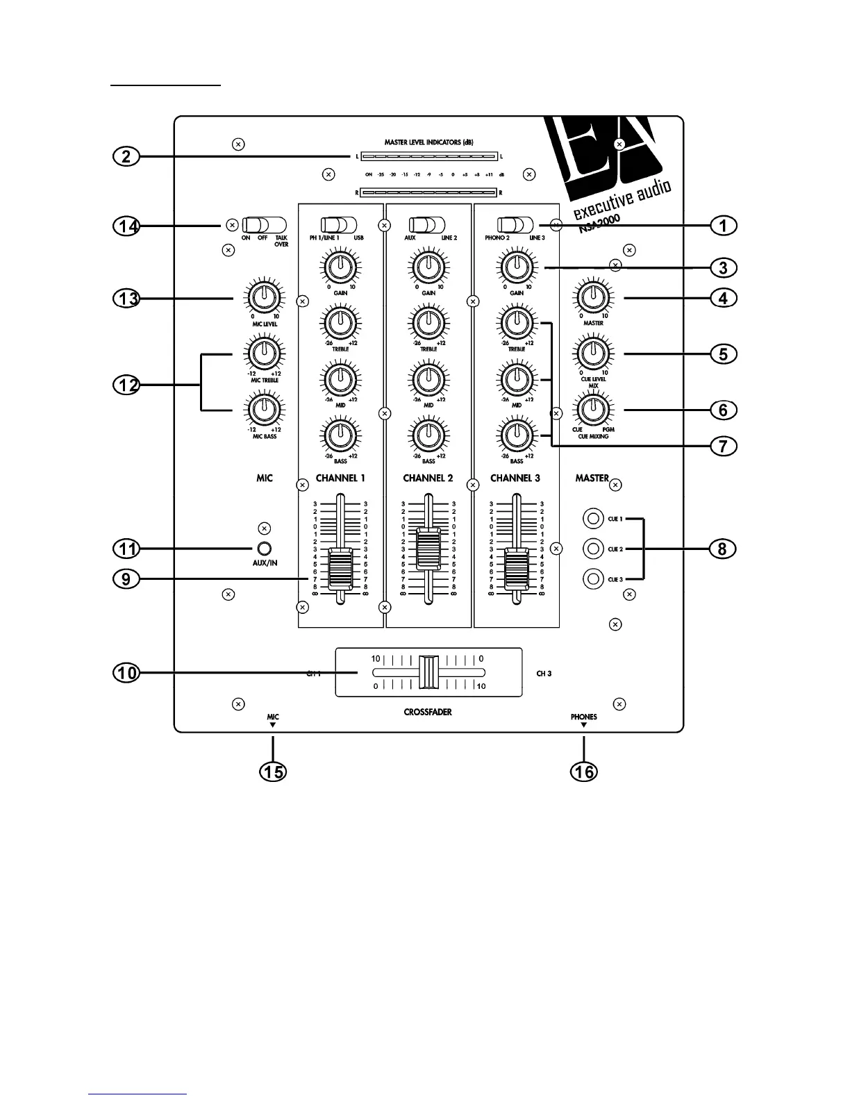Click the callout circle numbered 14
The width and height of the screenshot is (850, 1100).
point(126,226)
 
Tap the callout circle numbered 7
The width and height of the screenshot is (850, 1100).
point(723,446)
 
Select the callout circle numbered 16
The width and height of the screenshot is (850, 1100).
point(584,772)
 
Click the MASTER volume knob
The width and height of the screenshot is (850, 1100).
point(592,297)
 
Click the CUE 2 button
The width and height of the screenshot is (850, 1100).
point(593,549)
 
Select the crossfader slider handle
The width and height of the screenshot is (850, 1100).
point(428,672)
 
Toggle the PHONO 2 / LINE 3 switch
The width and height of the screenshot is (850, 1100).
point(515,225)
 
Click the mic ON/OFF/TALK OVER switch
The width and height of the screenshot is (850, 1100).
point(265,225)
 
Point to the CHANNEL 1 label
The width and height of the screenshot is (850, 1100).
point(340,478)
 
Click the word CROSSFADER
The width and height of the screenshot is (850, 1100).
point(428,712)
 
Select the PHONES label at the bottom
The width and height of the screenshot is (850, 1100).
point(583,717)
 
